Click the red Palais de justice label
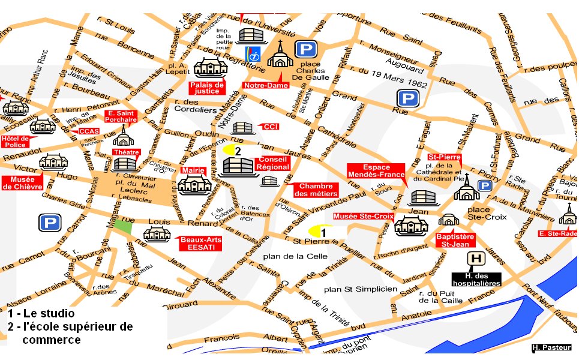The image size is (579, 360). point(207,88)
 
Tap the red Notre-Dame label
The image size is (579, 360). point(265,86)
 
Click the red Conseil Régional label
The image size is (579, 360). point(273,163)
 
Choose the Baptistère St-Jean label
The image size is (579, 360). point(455,240)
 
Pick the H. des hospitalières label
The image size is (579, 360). point(476,278)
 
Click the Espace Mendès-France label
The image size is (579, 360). point(376,170)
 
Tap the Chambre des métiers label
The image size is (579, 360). point(316,190)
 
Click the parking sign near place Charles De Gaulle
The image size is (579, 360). point(305,50)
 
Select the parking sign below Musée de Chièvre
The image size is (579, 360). point(49,223)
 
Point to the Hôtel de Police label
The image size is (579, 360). point(16,141)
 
